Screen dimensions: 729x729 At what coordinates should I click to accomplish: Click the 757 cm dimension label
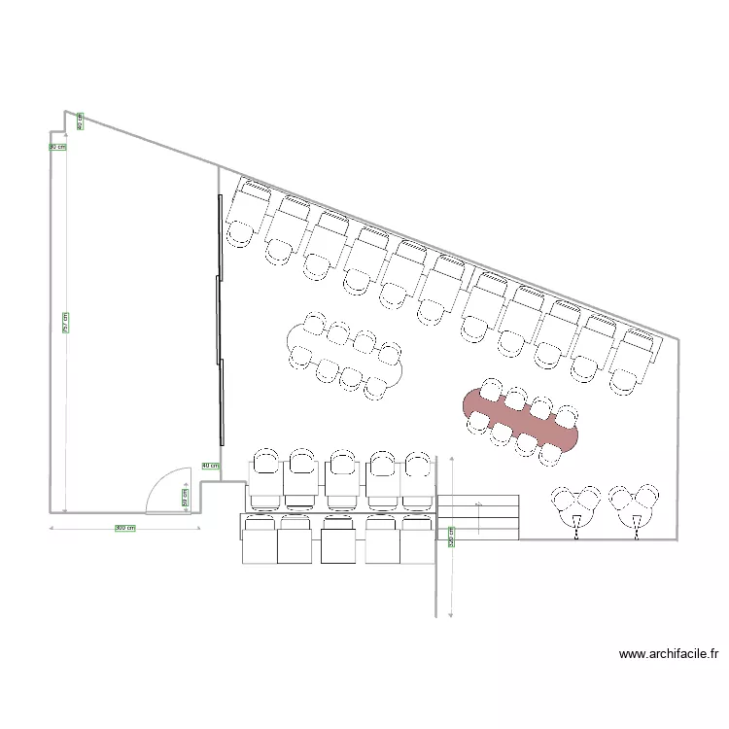65,323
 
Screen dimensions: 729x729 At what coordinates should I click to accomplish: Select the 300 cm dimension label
124,528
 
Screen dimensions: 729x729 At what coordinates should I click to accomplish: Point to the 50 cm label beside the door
186,497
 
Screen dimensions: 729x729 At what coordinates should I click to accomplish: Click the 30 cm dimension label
58,147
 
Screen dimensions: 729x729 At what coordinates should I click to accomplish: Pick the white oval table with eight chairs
345,355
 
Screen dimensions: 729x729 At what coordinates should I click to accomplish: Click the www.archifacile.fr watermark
668,655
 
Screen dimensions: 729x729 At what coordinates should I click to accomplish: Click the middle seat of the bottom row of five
339,540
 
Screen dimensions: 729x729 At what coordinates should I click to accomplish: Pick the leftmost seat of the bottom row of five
260,540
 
